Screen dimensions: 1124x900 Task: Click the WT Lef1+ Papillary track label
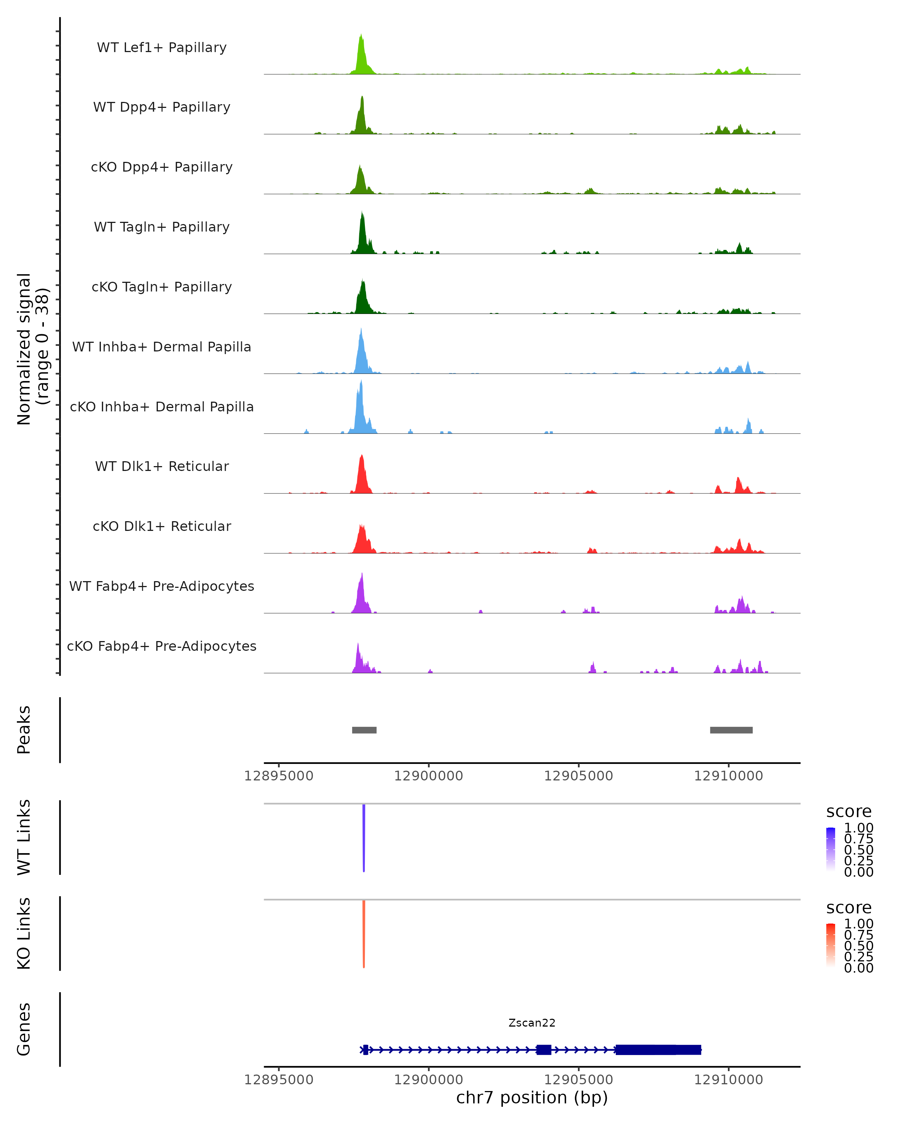162,48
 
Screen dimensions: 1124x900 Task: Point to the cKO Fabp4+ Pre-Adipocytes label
162,646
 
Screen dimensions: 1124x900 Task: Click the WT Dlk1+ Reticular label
162,466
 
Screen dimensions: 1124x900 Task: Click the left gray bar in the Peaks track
364,730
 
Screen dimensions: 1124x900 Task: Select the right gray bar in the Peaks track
731,730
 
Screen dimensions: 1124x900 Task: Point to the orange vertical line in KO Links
364,934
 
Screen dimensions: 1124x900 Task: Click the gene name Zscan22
532,1023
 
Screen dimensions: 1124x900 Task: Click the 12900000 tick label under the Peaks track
428,776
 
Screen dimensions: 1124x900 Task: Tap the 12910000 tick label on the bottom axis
728,1080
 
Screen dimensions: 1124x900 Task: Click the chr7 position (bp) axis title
532,1098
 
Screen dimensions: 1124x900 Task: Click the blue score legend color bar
831,849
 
